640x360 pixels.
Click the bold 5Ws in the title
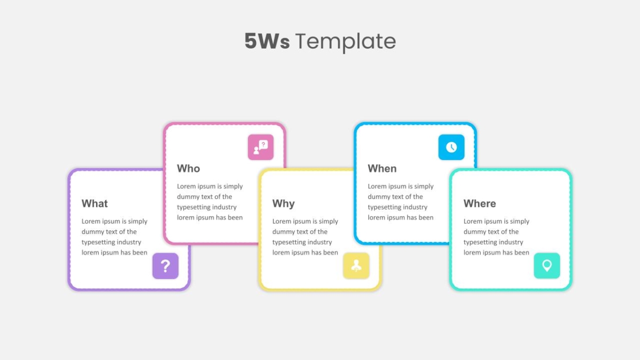(267, 41)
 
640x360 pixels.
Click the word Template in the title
(346, 42)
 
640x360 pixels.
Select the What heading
(94, 203)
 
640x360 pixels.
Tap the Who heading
(188, 169)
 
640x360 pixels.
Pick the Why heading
(283, 204)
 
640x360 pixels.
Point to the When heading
(382, 169)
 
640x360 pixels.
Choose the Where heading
(479, 203)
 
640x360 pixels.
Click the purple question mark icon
(165, 266)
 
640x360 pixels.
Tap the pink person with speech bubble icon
(261, 147)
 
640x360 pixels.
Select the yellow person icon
(356, 266)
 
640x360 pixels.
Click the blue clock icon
(451, 147)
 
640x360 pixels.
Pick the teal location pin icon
(547, 266)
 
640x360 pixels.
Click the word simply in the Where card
(519, 222)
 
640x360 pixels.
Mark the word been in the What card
(140, 253)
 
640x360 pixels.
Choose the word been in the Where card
(522, 253)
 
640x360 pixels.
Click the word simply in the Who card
(233, 187)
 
